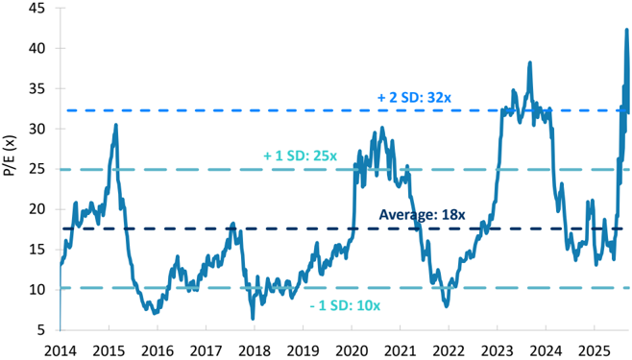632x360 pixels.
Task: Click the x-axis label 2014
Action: pos(61,350)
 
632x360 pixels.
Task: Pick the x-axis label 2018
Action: pos(255,350)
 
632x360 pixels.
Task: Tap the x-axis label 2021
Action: pos(400,350)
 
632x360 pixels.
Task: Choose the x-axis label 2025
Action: pos(595,350)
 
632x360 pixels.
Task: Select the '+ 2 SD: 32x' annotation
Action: pos(414,98)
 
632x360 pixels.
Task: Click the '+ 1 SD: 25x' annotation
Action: pos(300,156)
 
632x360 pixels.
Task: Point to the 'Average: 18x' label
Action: pos(422,215)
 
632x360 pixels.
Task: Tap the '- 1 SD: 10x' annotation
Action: pos(345,305)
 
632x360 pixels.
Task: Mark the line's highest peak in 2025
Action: pos(627,30)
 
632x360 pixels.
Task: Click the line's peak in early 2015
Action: pos(115,125)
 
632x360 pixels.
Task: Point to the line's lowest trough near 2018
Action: pos(253,319)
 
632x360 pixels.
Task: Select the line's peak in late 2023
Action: pos(530,62)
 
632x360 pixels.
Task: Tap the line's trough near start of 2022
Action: pos(447,306)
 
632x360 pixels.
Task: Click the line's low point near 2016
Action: pos(155,313)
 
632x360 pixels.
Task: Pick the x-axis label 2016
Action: pos(158,350)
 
